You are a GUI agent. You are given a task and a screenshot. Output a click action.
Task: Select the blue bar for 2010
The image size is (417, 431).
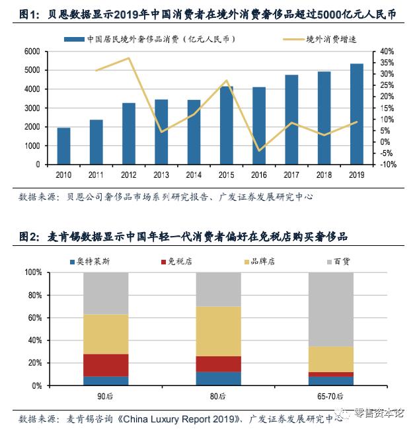[x=64, y=146]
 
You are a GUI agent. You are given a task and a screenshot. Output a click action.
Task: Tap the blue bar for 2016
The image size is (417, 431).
[x=258, y=126]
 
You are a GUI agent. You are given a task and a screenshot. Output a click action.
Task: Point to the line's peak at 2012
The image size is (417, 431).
[x=129, y=58]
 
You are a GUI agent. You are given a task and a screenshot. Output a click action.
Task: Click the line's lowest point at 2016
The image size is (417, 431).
[x=258, y=151]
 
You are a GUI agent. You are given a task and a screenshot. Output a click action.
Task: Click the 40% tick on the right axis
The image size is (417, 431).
[x=386, y=52]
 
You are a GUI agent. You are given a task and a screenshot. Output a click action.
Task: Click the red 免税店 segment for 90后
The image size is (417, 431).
[x=106, y=366]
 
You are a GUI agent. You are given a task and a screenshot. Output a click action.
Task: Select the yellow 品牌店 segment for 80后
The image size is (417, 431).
[x=218, y=331]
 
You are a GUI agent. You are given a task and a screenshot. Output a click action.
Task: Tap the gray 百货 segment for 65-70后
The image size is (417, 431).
[x=330, y=309]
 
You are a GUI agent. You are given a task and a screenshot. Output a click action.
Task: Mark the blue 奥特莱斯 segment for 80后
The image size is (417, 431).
[x=218, y=378]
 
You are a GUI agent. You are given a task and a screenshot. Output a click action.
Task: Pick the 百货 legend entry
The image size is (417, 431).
[x=341, y=261]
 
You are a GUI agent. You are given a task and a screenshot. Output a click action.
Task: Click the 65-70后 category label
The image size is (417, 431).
[x=330, y=395]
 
